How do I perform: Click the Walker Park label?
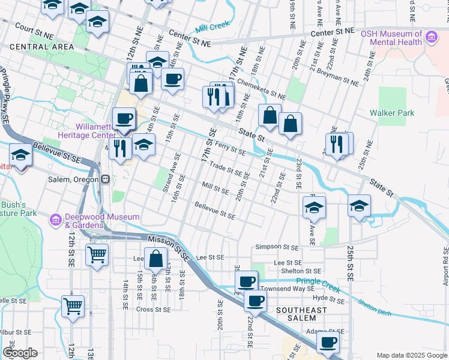click(392, 113)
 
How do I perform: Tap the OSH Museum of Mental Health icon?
click(430, 38)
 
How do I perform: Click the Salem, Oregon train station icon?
click(106, 179)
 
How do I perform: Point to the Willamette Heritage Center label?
click(99, 131)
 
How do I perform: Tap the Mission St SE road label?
click(168, 247)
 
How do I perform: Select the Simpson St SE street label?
click(277, 247)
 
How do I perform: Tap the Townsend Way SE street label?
click(288, 289)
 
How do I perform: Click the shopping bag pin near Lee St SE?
click(155, 259)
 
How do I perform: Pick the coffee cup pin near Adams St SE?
click(328, 342)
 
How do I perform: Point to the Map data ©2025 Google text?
click(412, 355)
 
